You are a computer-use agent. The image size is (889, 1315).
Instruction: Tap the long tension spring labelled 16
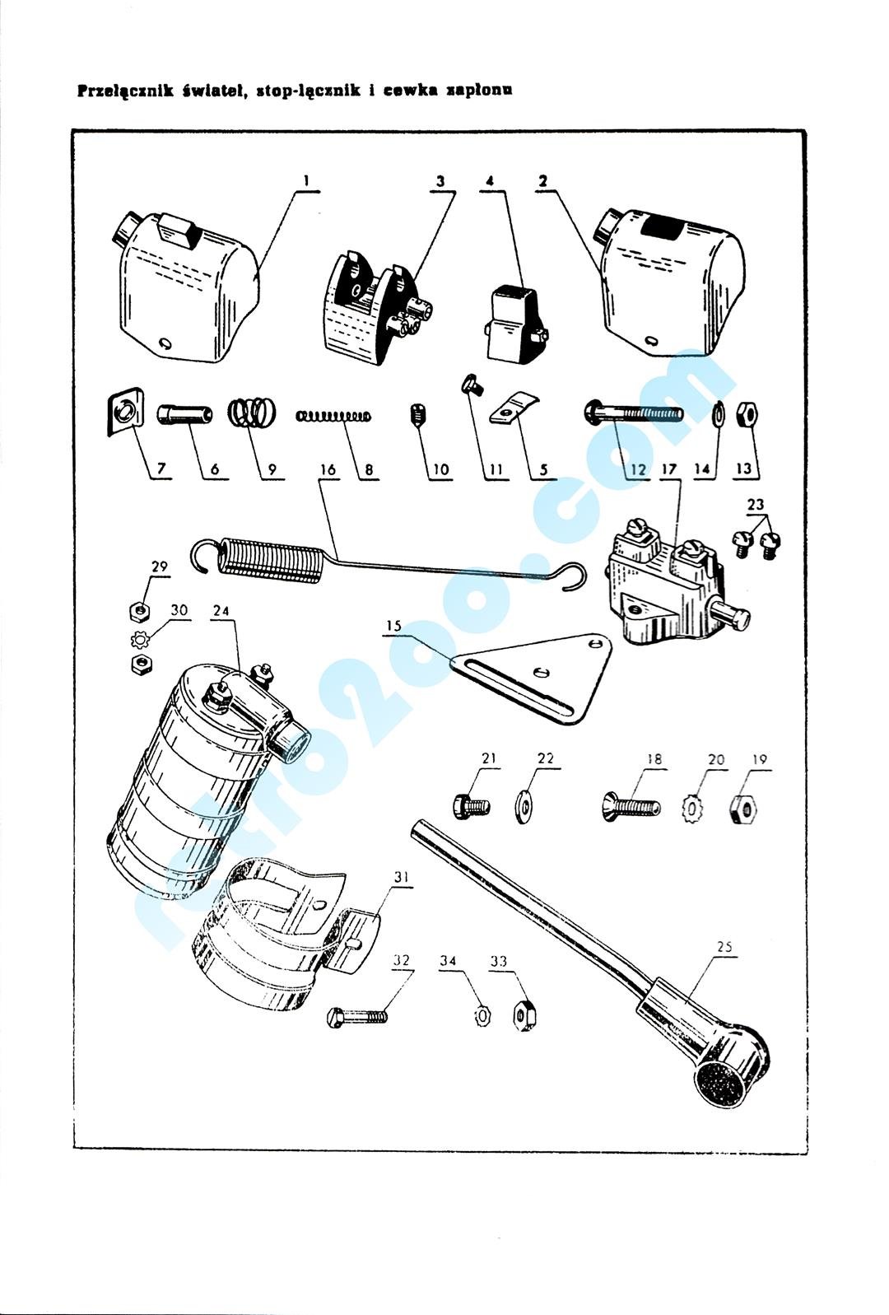click(387, 563)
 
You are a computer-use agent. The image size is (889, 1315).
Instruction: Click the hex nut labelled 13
click(747, 414)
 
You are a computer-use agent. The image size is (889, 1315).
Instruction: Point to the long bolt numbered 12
click(632, 413)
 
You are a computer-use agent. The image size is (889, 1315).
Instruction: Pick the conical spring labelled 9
click(252, 413)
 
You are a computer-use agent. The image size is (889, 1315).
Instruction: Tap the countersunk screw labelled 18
click(631, 804)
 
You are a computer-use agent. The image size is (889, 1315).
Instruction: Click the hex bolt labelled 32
click(357, 1016)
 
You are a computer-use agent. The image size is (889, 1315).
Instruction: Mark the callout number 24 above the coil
click(221, 610)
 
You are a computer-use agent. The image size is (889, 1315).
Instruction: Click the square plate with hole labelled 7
click(123, 416)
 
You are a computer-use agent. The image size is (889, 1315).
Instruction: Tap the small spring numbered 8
click(333, 416)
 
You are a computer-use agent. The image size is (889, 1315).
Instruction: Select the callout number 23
click(756, 504)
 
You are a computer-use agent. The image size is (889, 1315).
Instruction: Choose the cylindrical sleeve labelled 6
click(184, 416)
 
